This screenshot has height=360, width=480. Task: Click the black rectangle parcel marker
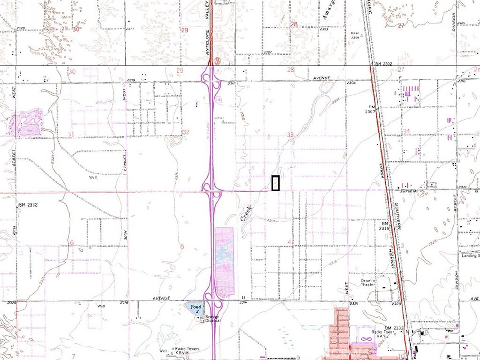click(276, 183)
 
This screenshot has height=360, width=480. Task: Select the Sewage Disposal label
click(210, 319)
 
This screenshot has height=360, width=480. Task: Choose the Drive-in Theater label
click(368, 283)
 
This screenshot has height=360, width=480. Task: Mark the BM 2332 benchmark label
click(29, 205)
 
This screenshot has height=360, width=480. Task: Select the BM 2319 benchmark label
click(385, 226)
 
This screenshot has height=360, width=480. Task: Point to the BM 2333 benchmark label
click(394, 328)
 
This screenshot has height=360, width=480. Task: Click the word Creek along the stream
click(246, 214)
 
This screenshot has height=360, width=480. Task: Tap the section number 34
click(406, 131)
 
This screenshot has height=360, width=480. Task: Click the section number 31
click(71, 135)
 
